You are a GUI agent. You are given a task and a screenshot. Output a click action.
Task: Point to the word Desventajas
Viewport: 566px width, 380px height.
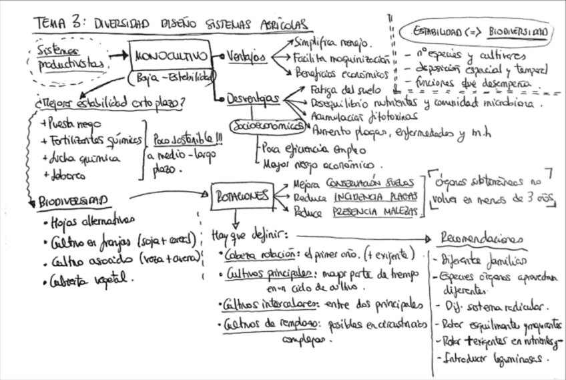click(252, 99)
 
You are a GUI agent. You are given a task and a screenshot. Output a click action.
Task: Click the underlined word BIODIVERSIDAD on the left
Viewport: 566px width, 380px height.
click(73, 200)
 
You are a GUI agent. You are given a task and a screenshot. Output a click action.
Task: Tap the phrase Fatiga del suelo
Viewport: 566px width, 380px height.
click(346, 89)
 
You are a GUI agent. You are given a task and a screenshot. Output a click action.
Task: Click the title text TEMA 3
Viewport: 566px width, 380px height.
click(61, 24)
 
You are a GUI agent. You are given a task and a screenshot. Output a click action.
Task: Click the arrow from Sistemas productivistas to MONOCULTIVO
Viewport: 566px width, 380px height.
click(117, 55)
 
